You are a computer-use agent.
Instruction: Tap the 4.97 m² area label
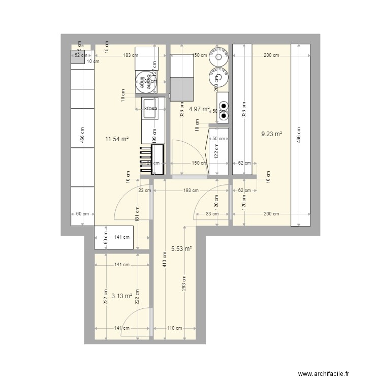coord(199,109)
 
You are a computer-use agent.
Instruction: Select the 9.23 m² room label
coord(271,135)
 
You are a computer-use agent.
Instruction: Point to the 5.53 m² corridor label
coord(181,249)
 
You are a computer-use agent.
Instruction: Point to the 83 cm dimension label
coord(213,214)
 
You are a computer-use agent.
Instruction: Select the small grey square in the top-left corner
coord(78,57)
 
